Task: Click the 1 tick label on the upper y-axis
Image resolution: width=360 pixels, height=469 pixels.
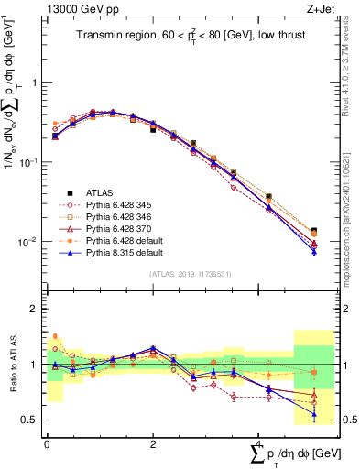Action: [33, 82]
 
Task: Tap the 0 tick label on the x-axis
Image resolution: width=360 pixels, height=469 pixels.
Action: [47, 442]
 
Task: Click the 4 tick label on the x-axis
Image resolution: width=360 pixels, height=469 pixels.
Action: [259, 442]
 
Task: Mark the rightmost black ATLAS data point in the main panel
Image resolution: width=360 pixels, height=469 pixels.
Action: [314, 231]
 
